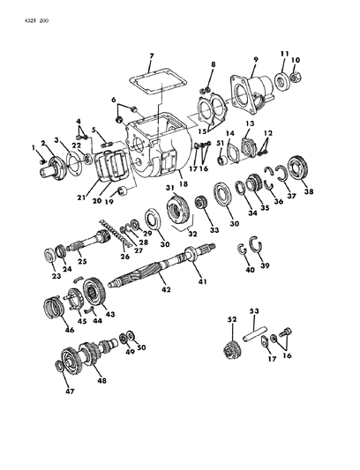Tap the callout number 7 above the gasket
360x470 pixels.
[151, 57]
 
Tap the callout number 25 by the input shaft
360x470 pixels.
[81, 262]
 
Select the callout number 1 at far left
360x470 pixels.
[33, 146]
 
